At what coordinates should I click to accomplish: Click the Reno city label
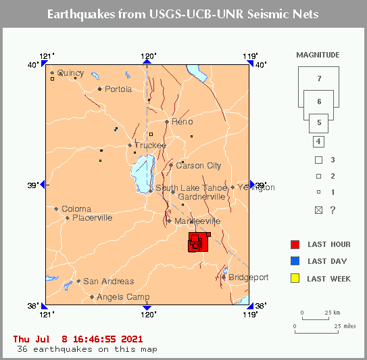tap(182, 122)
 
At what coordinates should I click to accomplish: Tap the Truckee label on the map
tap(150, 145)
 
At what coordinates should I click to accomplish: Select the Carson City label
tap(198, 166)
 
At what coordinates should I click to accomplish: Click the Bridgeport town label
tap(248, 277)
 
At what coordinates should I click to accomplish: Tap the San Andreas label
tap(108, 282)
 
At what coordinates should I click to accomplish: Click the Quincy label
tap(70, 73)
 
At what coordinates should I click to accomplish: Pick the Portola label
tap(118, 89)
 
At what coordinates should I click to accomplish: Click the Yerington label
tap(256, 187)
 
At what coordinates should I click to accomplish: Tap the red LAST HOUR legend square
tap(294, 244)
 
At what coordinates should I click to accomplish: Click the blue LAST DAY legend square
tap(294, 261)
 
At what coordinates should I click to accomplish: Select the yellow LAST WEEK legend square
tap(294, 277)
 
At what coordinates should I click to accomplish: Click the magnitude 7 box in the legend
tap(318, 79)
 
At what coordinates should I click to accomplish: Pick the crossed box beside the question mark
tap(318, 210)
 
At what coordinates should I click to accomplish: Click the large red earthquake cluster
tap(199, 242)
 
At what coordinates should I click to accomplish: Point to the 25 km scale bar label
tap(331, 313)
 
